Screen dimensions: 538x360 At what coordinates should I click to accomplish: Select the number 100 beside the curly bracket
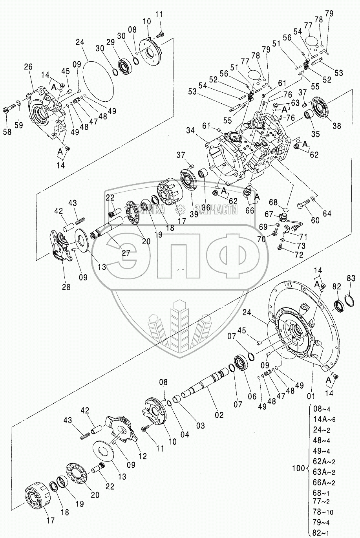(298, 468)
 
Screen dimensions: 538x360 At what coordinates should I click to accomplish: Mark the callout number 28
(66, 287)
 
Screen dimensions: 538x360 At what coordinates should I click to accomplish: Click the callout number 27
(126, 253)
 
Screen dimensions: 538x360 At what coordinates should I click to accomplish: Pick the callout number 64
(327, 214)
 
